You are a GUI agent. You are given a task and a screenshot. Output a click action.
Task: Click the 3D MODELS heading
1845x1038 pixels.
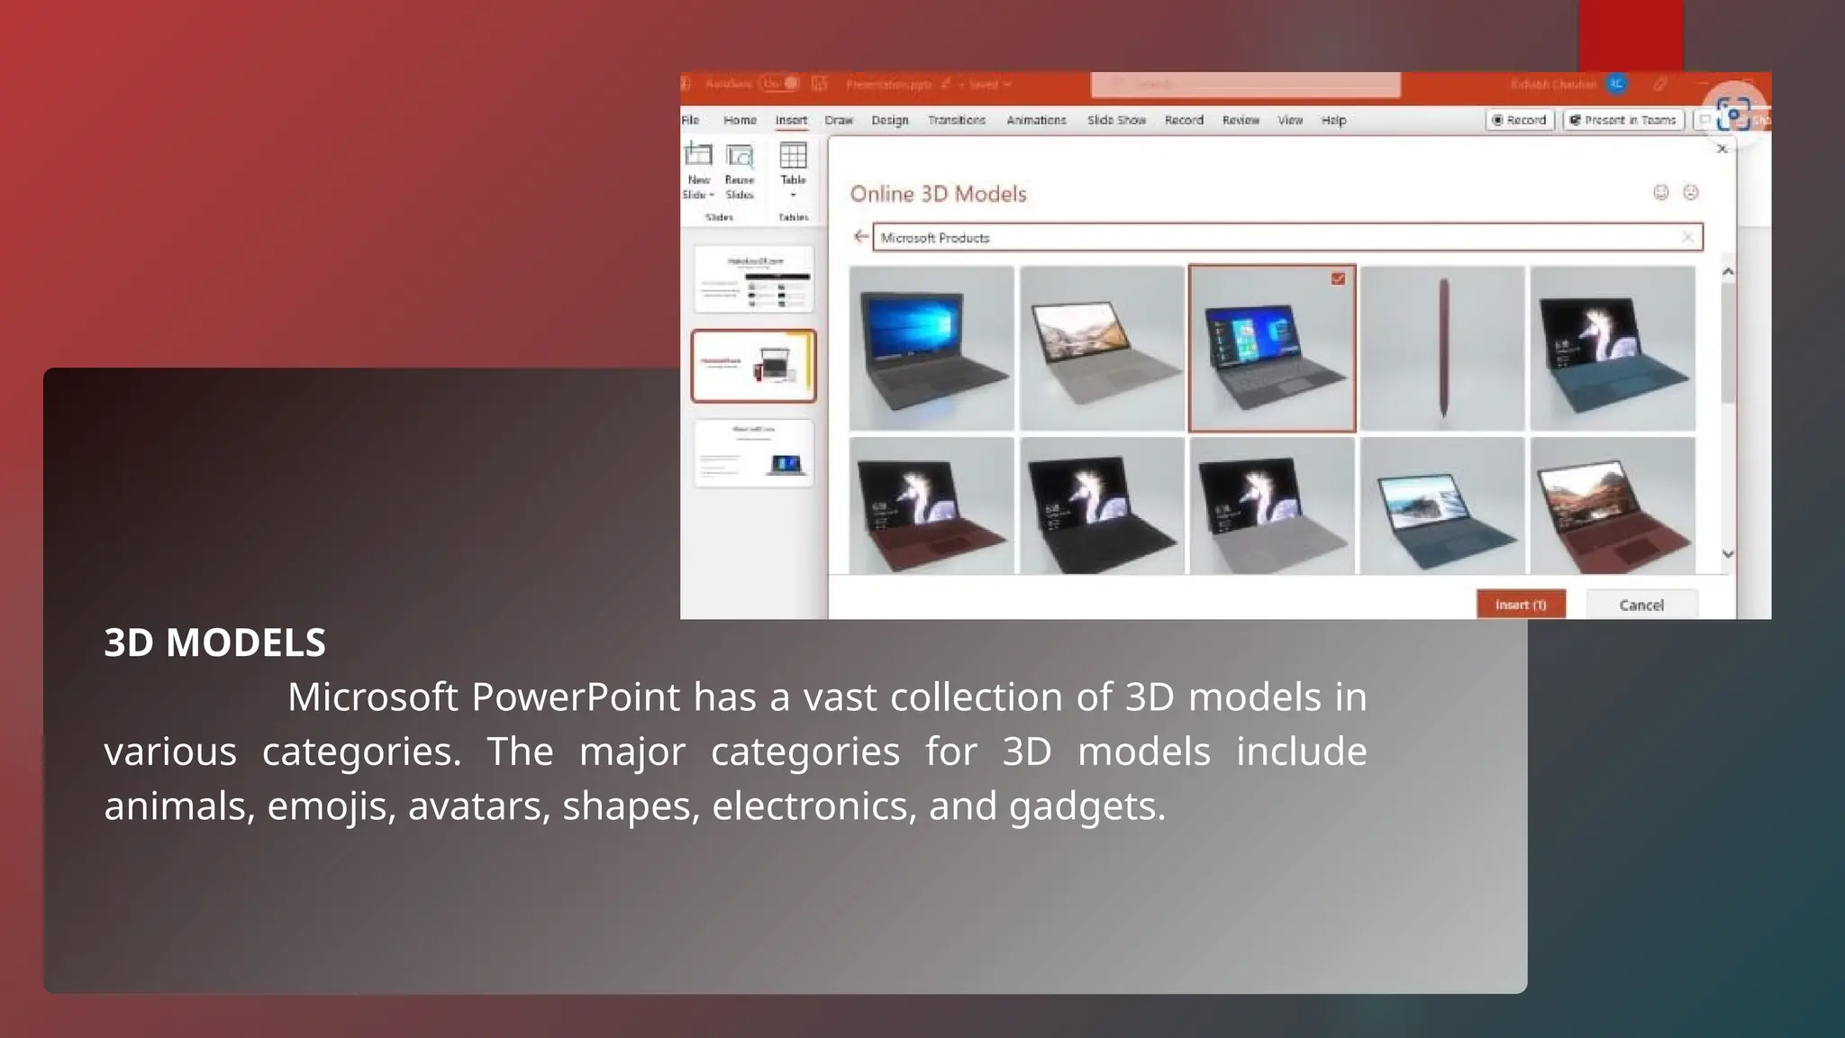(x=214, y=642)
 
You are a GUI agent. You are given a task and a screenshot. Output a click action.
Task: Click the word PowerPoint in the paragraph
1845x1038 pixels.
(x=575, y=697)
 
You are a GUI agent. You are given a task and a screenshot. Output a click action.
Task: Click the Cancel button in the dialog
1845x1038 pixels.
(x=1641, y=605)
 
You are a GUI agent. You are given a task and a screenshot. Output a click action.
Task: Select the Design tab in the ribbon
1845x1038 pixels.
(x=889, y=120)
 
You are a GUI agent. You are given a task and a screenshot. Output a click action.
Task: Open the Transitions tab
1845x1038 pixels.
(x=956, y=120)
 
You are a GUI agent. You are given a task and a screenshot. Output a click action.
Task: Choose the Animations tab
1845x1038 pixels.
(x=1036, y=120)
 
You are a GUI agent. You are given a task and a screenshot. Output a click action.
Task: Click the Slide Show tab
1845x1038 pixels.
(x=1116, y=120)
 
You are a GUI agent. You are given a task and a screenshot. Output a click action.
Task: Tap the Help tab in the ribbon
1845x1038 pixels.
(x=1333, y=120)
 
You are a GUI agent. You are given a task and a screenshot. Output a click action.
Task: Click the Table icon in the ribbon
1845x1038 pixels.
(x=793, y=157)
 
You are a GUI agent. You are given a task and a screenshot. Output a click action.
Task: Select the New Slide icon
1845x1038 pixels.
(x=698, y=157)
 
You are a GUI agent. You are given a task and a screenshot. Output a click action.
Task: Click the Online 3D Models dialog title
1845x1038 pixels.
(x=938, y=194)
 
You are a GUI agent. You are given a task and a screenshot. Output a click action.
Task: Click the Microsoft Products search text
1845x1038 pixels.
(x=935, y=238)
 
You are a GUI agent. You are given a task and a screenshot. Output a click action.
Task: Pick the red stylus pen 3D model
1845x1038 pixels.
(x=1442, y=348)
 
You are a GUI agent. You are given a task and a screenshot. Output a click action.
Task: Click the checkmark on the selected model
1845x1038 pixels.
(x=1338, y=278)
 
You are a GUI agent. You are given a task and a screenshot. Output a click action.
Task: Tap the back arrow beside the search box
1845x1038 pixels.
(x=860, y=237)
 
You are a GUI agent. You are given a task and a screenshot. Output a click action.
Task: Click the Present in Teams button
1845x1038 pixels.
(x=1623, y=120)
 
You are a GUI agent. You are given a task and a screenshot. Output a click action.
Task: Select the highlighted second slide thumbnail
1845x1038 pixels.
(x=753, y=366)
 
